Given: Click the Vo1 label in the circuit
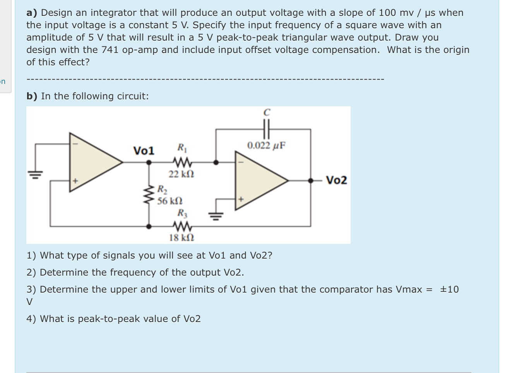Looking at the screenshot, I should point(144,150).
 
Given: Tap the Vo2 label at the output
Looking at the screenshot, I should point(336,180).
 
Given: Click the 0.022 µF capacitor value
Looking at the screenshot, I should point(266,146).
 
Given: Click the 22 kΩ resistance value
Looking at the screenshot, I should point(181,174).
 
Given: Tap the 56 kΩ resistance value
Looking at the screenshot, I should point(170,201).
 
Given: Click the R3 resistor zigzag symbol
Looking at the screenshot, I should point(181,226).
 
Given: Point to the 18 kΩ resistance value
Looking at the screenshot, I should point(181,237).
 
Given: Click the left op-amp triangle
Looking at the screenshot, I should point(93,162).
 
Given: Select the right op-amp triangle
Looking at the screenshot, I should point(259,180).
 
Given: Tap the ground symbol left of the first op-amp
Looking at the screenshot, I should point(36,174).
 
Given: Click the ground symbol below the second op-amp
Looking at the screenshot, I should point(215,215).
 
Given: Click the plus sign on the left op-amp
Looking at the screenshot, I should point(76,181).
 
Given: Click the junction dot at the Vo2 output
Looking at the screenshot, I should point(310,180).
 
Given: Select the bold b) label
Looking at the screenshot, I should point(32,96).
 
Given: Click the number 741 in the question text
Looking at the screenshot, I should point(110,50).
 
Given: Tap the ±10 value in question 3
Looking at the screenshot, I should point(449,290).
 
